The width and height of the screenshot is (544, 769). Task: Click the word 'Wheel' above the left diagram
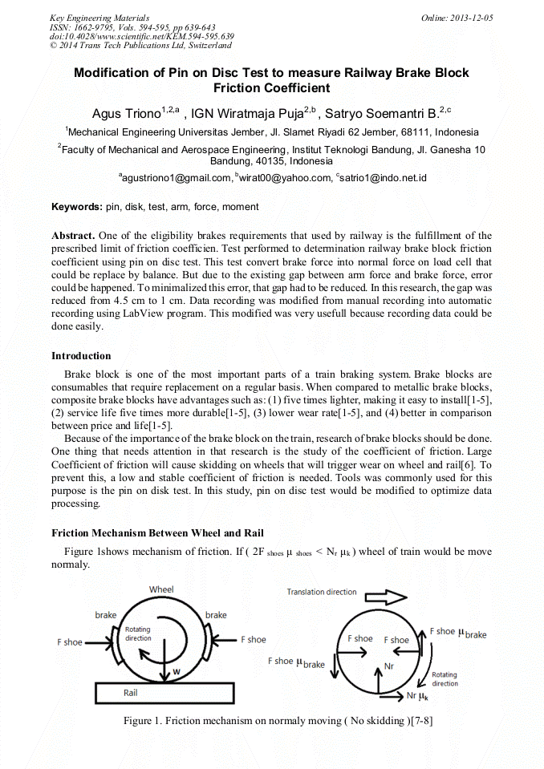point(161,589)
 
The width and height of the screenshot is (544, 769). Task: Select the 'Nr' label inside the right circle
point(390,666)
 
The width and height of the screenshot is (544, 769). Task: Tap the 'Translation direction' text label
point(322,592)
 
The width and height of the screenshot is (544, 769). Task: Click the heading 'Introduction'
point(81,356)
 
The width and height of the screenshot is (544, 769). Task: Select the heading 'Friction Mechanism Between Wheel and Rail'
point(158,533)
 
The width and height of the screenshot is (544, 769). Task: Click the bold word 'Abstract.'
point(73,237)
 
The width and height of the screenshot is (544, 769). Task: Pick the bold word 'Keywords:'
point(77,207)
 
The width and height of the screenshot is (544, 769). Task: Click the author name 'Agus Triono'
point(127,114)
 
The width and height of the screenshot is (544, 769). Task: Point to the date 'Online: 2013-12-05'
point(457,18)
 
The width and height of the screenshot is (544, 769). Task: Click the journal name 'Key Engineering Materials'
point(99,18)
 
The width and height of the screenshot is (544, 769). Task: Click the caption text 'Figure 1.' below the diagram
point(143,721)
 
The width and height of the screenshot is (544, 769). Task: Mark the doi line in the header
point(142,36)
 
